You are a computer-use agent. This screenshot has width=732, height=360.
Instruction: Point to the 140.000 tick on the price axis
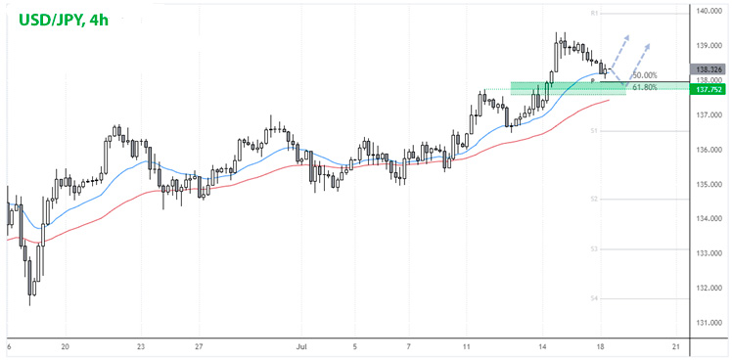[x=709, y=12]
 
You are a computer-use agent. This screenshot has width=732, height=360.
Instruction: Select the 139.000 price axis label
[x=709, y=46]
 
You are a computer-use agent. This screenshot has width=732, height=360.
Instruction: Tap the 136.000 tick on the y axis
[x=709, y=150]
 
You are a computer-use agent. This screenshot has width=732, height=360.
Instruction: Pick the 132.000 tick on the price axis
[x=709, y=289]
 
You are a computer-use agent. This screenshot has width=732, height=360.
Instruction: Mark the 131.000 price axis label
[x=709, y=323]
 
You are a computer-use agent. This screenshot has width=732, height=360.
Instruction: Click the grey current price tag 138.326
[x=709, y=69]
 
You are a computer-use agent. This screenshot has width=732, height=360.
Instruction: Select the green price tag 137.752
[x=709, y=89]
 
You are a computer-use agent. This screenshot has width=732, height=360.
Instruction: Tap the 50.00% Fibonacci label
[x=645, y=75]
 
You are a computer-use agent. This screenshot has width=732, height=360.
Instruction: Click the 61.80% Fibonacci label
[x=645, y=88]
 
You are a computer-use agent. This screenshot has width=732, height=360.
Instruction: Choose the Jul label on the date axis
[x=301, y=346]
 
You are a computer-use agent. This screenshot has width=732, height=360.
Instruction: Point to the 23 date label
[x=142, y=346]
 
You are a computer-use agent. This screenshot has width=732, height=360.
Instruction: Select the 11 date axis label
[x=468, y=346]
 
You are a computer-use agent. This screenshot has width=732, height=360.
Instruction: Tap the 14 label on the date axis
[x=541, y=346]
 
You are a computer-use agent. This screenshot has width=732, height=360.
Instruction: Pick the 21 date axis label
[x=676, y=346]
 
